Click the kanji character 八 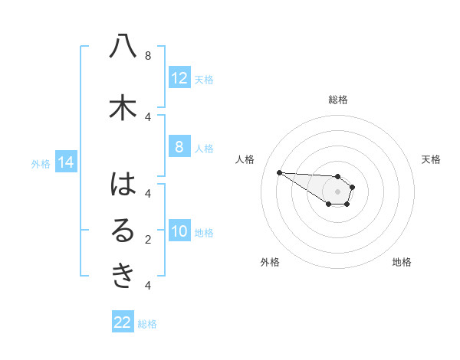pos(123,47)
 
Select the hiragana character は pos(123,185)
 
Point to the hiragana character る pos(123,231)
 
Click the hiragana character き pos(123,277)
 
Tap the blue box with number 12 pos(179,78)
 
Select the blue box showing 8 pos(179,147)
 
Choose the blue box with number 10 pos(179,231)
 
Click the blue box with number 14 pos(65,162)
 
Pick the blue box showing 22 pos(123,323)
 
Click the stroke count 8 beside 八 pos(148,56)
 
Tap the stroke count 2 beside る pos(148,240)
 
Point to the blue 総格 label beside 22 pos(147,324)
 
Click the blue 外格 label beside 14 pos(40,163)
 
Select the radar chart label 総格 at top pos(338,100)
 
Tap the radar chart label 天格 pos(432,159)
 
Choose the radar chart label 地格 pos(402,262)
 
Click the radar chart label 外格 pos(270,262)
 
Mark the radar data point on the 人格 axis pos(279,172)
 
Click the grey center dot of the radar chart pos(338,191)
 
